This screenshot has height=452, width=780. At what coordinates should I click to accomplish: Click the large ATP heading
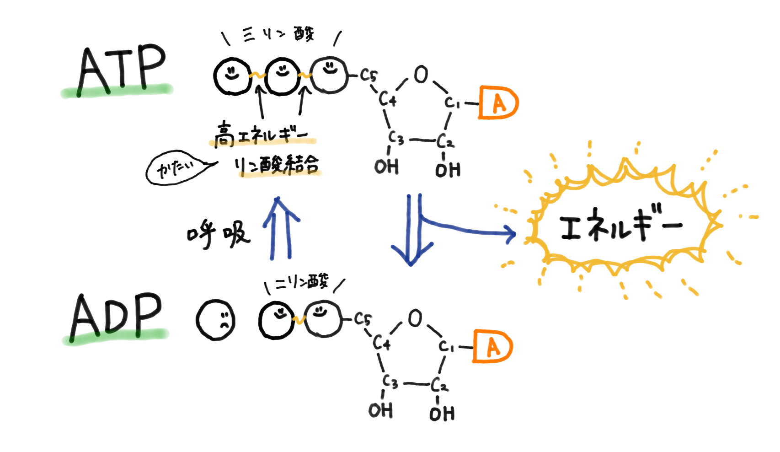pos(121,70)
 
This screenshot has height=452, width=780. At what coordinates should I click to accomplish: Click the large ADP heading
pos(117,316)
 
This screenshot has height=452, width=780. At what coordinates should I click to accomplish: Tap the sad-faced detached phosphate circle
pos(216,320)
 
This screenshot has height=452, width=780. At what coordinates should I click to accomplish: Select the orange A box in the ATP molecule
pos(498,102)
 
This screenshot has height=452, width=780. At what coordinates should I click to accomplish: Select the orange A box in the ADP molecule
pos(492,346)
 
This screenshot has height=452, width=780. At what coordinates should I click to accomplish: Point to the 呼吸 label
pos(219,234)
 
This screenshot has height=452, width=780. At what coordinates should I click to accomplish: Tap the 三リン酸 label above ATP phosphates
pos(279,34)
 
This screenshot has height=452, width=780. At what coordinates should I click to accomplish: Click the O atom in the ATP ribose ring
pos(421,74)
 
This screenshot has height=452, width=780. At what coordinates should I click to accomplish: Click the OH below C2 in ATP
pos(448,170)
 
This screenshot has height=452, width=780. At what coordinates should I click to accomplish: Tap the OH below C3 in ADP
pos(380,410)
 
